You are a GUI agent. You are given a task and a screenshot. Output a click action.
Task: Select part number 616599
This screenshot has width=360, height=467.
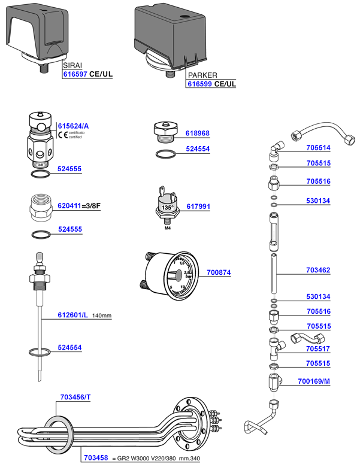tap(200, 84)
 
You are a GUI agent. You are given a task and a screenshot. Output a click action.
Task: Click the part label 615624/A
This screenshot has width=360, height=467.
tap(73, 126)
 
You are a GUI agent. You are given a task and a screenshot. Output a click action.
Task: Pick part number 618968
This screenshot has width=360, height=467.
tap(198, 134)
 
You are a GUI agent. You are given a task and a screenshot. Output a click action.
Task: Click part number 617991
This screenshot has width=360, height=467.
tap(198, 207)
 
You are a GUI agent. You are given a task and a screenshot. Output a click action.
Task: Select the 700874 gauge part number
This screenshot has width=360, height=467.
tap(219, 272)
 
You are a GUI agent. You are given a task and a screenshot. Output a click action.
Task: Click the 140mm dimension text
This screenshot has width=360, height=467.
tap(102, 315)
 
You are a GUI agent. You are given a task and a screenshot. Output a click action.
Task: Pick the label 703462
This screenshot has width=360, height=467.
tap(319, 271)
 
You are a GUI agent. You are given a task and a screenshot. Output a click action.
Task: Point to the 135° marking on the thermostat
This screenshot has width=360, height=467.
tap(167, 208)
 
